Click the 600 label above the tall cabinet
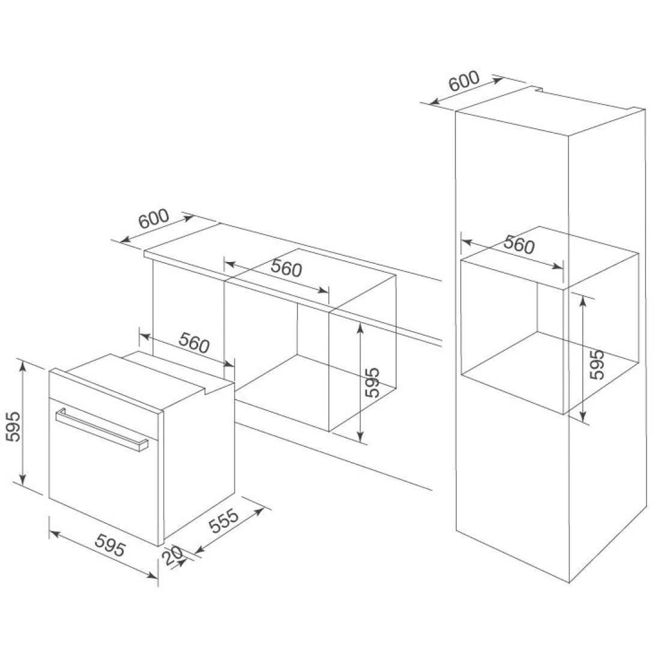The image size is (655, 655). [x=463, y=82]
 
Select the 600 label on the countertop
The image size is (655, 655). [x=153, y=220]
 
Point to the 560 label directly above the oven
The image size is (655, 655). [x=193, y=343]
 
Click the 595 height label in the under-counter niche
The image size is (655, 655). [x=373, y=382]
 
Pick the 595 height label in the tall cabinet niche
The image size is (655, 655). [x=596, y=364]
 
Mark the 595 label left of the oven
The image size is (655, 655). [x=13, y=427]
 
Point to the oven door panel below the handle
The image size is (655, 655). [x=102, y=481]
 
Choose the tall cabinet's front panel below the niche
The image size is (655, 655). [x=511, y=481]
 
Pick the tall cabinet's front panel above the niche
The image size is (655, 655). [x=511, y=180]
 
